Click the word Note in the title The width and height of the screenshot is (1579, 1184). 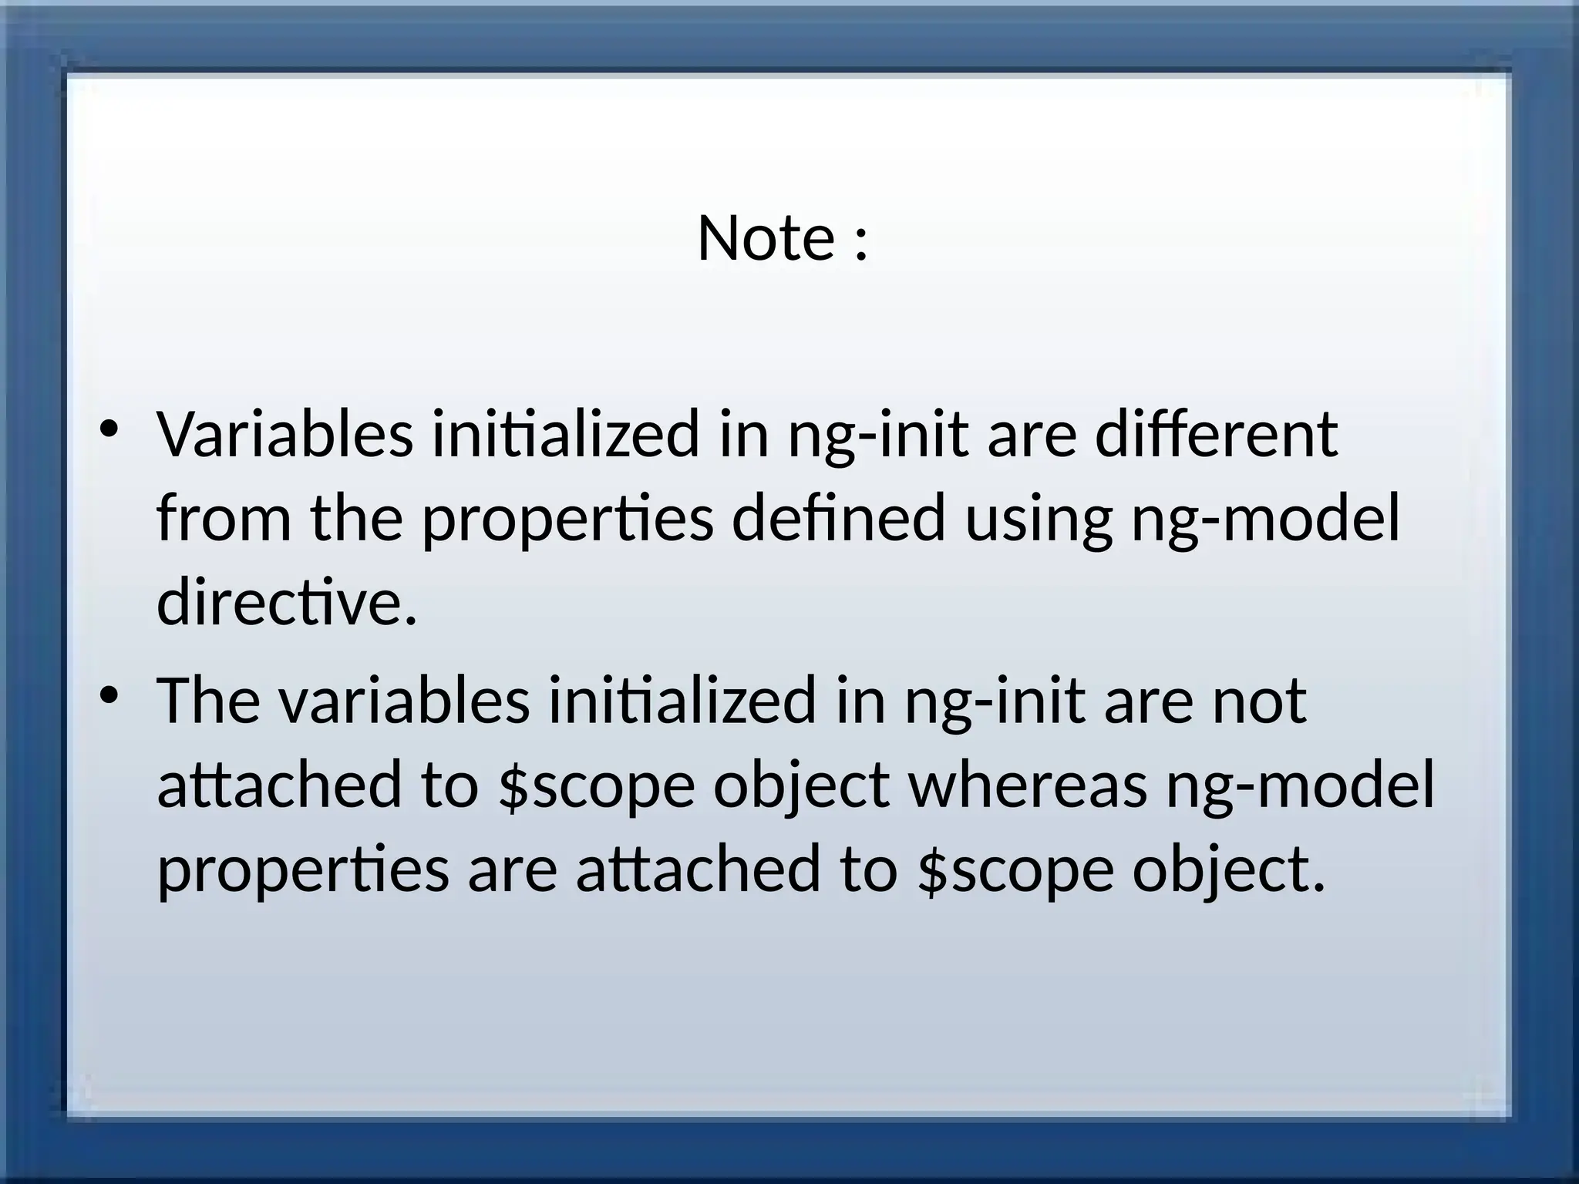tap(765, 238)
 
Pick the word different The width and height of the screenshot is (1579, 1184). tap(1216, 434)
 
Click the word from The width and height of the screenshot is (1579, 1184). tap(224, 518)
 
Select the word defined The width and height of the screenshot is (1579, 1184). tap(838, 518)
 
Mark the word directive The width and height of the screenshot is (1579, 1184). tap(286, 602)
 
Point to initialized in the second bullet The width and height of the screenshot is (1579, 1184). tap(682, 701)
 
